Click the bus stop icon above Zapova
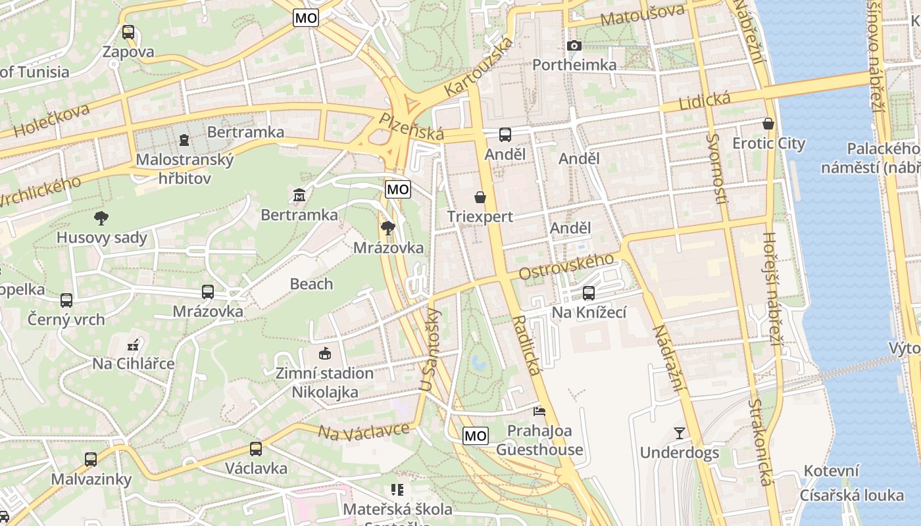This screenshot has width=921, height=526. pos(128,32)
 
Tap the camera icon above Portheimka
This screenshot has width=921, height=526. pos(574,45)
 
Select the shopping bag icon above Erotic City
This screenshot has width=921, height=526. pos(768,123)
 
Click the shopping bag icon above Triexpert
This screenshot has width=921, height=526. pos(480,197)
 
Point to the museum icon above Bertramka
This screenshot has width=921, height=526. pos(299,195)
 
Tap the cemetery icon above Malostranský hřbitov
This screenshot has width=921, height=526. pos(184,140)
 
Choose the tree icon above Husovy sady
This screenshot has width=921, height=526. pos(101,218)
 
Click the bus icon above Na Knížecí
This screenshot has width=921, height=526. pos(589,293)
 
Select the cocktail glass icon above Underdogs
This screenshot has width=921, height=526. pos(679,433)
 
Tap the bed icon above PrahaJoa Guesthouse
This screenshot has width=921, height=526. pos(539,412)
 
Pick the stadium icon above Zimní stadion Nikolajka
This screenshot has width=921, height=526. pos(324,354)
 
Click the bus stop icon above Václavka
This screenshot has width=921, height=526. pos(256,449)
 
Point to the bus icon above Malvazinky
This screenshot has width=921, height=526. pos(91,460)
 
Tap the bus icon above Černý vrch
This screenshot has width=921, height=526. pos(66,300)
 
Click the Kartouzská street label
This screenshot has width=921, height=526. pos(478,66)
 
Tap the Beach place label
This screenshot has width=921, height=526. pos(312,284)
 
